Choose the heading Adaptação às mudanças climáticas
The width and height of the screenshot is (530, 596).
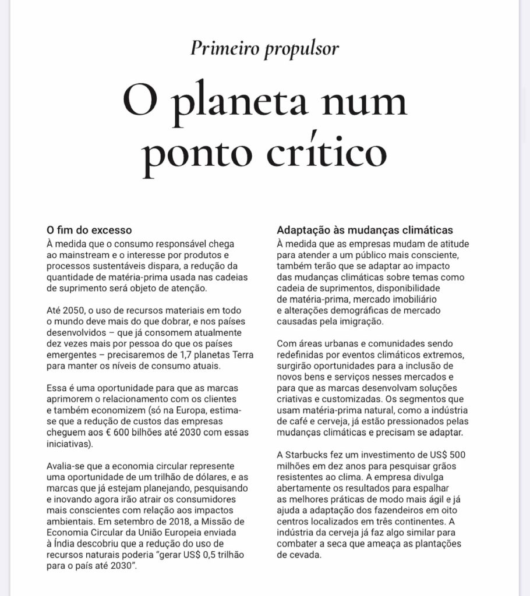[x=365, y=229]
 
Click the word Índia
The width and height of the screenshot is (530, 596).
[x=67, y=543]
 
